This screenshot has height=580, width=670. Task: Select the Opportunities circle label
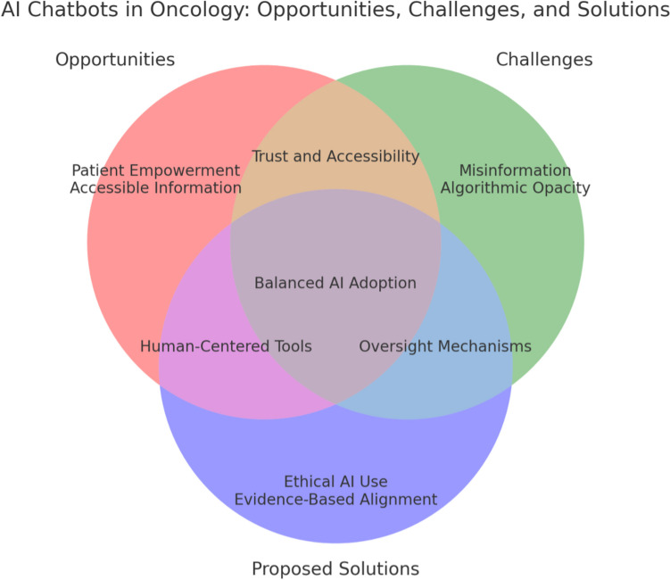[x=115, y=60]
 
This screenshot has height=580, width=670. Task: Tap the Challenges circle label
[x=544, y=60]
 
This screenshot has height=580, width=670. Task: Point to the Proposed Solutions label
[x=335, y=568]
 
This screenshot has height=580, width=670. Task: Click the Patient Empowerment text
[x=156, y=170]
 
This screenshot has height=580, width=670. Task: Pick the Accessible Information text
[x=156, y=187]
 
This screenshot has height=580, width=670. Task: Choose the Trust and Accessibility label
[x=335, y=156]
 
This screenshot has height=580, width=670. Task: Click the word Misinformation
[x=515, y=170]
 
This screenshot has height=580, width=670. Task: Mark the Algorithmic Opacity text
[x=515, y=187]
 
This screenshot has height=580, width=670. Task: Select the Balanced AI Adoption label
[x=335, y=283]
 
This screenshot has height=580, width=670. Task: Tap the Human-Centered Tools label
[x=226, y=346]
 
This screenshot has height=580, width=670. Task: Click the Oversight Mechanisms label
[x=444, y=346]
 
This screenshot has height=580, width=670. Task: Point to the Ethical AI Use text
[x=335, y=482]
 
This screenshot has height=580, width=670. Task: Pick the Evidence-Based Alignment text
[x=335, y=500]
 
